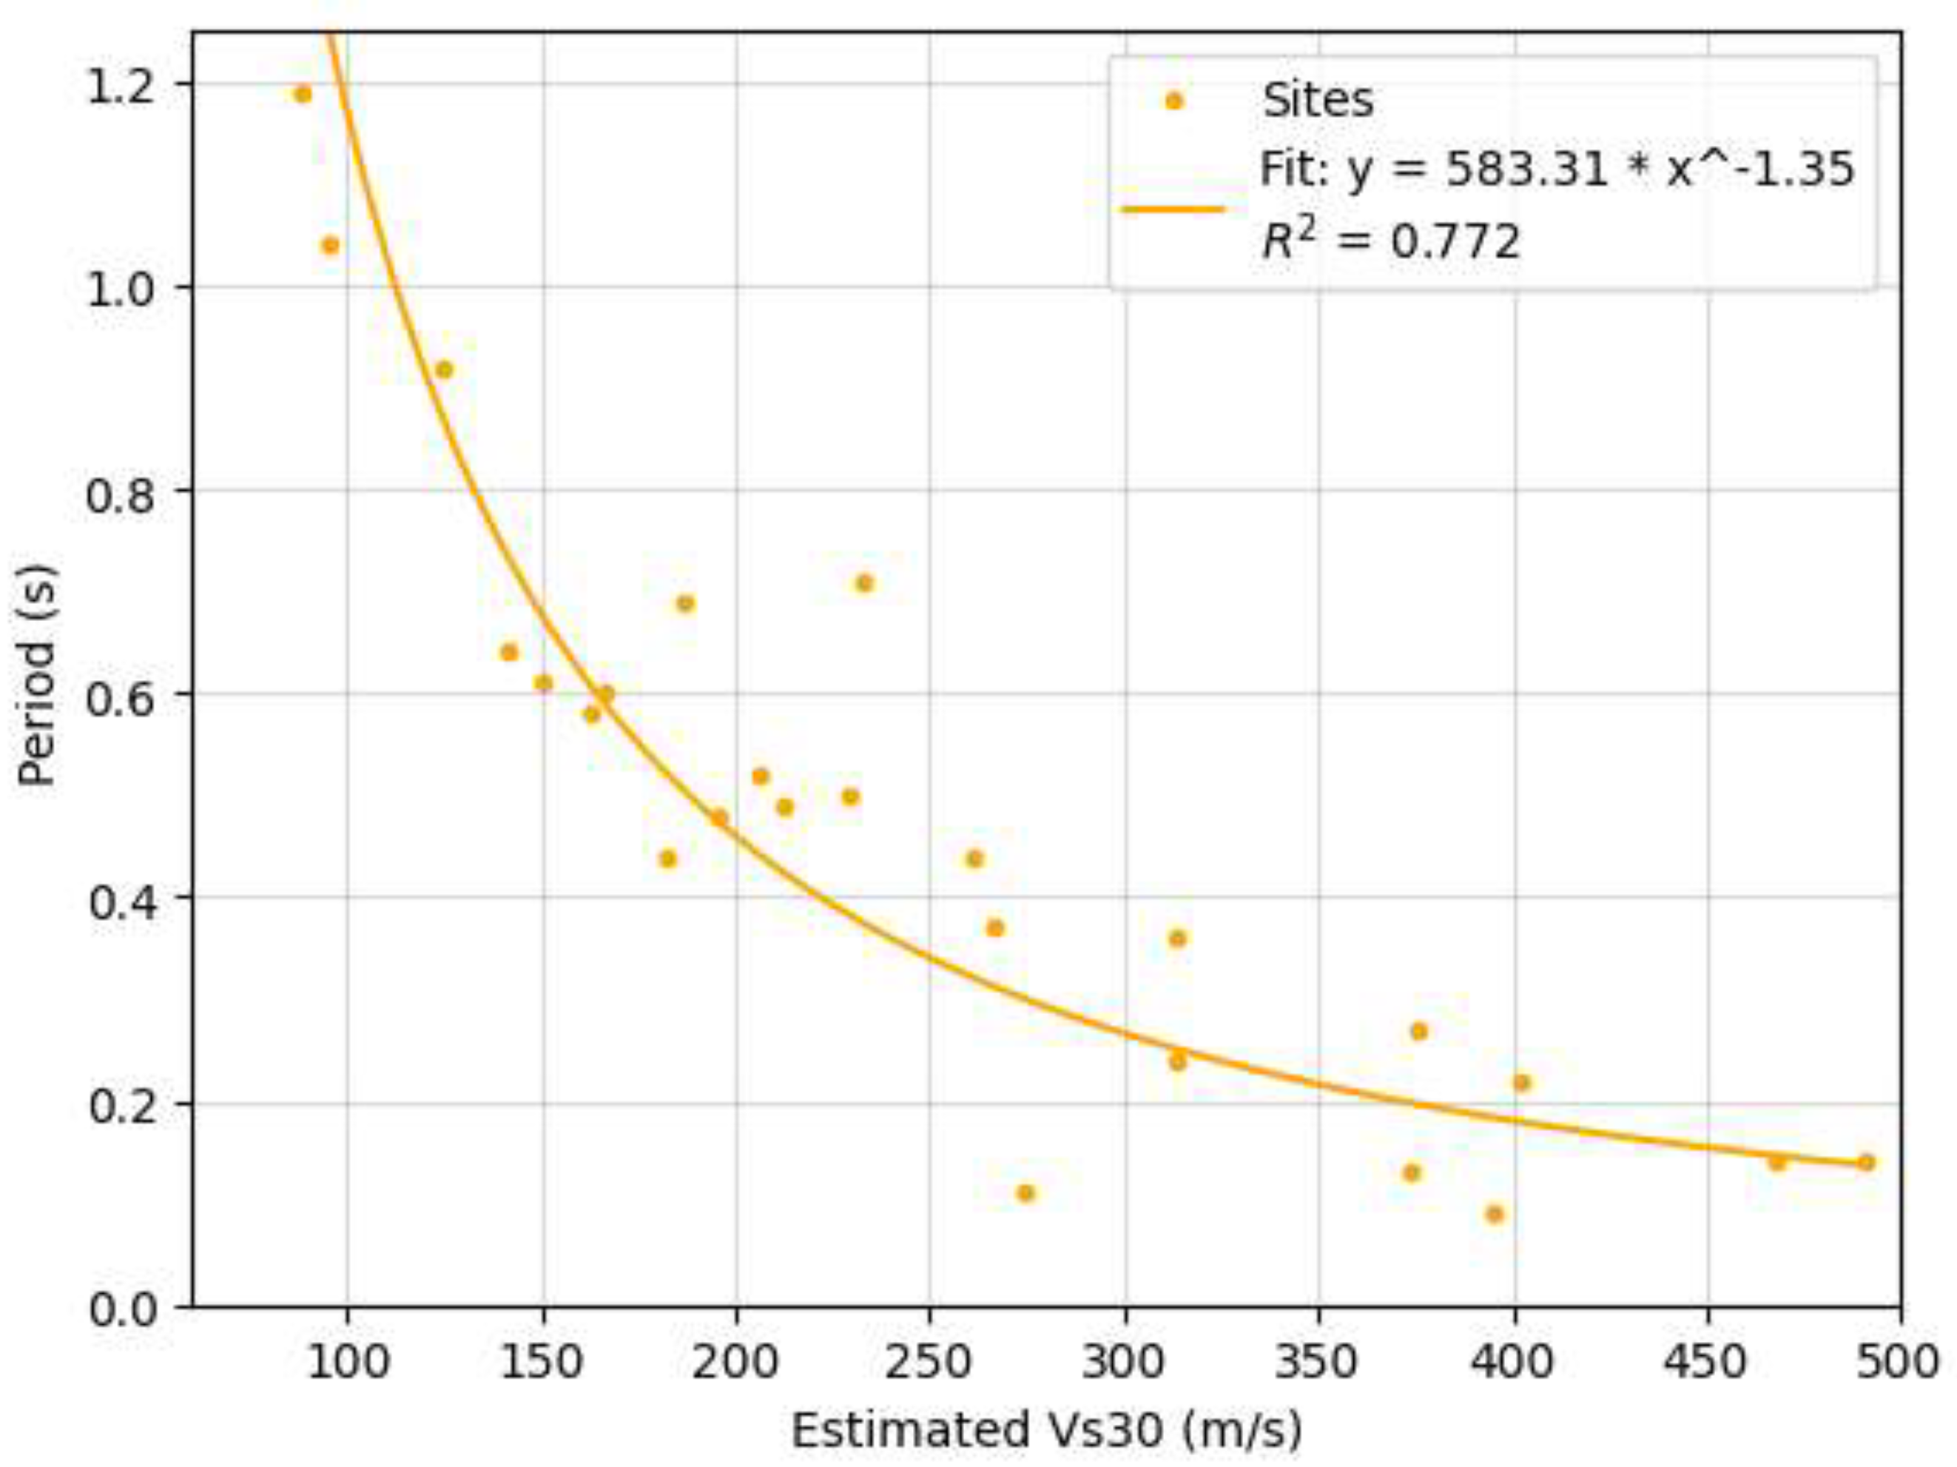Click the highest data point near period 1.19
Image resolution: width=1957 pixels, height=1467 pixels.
click(x=303, y=95)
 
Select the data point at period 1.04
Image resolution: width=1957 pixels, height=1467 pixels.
click(x=330, y=245)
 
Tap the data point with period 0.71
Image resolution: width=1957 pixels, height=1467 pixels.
click(x=864, y=583)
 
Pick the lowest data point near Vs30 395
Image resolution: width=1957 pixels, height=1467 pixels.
click(x=1495, y=1214)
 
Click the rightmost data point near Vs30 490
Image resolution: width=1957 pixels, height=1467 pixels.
click(x=1866, y=1163)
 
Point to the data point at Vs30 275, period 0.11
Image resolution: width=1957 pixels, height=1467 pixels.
click(x=1025, y=1194)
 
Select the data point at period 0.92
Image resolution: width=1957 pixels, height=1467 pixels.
click(x=444, y=370)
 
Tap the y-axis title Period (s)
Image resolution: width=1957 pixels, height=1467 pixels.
click(x=37, y=674)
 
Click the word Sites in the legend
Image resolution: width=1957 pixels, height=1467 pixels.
click(x=1317, y=100)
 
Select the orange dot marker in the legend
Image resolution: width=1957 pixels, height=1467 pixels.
click(x=1174, y=101)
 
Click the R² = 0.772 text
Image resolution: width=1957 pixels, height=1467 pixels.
click(x=1391, y=241)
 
